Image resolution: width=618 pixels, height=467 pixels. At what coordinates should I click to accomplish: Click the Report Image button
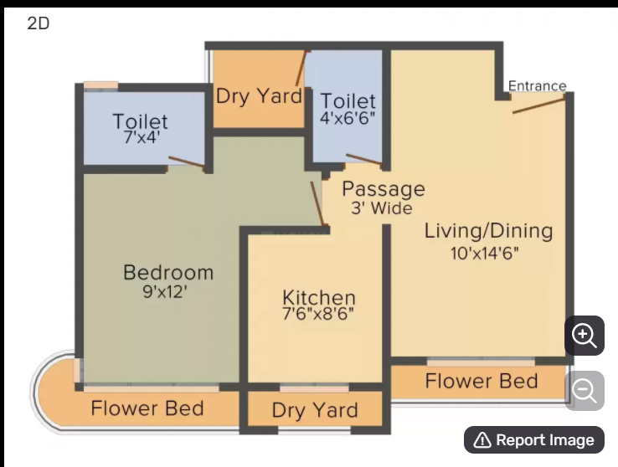pos(534,440)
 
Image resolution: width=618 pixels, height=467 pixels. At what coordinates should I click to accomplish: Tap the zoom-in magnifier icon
pos(585,336)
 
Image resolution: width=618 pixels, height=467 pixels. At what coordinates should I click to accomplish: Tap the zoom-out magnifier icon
pos(585,391)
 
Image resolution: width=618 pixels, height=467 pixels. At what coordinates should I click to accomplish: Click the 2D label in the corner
pos(39,23)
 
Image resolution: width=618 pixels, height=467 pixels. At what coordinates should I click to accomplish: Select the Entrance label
pos(538,86)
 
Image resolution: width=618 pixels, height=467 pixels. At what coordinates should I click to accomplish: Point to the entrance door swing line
pos(538,105)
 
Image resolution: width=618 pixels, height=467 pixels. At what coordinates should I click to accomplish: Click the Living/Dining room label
pos(488,231)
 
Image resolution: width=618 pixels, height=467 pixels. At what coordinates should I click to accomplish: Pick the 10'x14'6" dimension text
pos(484,254)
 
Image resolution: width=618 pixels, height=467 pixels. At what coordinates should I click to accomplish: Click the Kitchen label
pos(319,298)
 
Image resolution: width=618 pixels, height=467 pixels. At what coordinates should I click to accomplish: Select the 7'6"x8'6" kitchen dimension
pos(318,314)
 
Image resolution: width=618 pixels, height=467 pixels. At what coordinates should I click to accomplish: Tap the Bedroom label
pos(168,273)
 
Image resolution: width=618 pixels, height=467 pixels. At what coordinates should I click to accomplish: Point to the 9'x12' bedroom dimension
pos(165,292)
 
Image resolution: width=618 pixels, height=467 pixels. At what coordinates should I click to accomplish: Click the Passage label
pos(384,189)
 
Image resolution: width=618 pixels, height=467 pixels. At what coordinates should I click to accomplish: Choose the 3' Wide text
pos(382,208)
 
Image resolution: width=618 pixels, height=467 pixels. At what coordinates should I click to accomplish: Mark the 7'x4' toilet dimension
pos(142,137)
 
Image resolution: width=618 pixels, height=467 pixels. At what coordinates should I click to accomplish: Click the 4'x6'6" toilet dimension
pos(348,118)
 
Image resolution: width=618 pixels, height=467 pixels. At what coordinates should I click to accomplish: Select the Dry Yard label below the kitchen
pos(315,410)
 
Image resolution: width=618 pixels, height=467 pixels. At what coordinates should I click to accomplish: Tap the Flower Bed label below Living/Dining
pos(482,381)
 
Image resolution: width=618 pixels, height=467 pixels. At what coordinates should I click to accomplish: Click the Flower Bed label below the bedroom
pos(147,408)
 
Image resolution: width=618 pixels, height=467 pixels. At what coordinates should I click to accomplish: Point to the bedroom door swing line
pos(317,203)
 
